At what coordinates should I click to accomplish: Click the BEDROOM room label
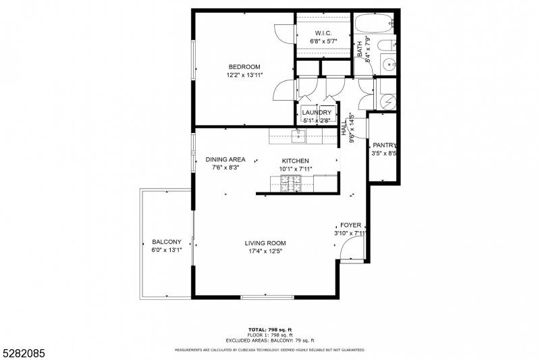(244, 66)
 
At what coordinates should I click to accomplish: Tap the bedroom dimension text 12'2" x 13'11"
(244, 75)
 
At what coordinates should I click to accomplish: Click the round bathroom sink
(389, 66)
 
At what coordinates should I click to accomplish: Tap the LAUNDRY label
(317, 112)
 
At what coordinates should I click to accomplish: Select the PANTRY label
(384, 145)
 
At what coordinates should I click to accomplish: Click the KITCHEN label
(295, 161)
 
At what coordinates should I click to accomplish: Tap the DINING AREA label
(225, 159)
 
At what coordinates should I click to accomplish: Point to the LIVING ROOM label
(265, 243)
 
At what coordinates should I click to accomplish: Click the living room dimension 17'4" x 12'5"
(265, 251)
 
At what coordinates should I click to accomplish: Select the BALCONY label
(166, 242)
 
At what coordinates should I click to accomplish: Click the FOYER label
(350, 225)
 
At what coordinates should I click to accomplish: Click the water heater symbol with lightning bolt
(387, 102)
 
